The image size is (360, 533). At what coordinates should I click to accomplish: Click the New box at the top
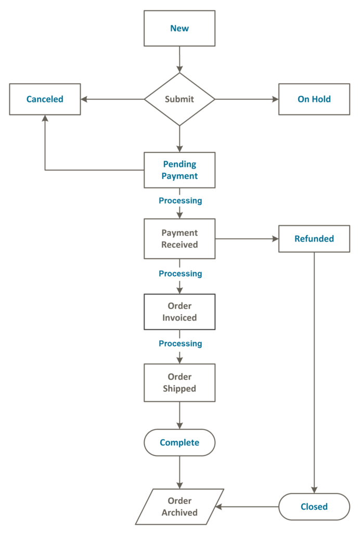[179, 29]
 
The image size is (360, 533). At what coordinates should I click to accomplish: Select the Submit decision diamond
[179, 99]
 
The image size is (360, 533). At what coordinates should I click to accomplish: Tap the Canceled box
[45, 99]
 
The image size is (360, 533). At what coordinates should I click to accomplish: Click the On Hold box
[314, 99]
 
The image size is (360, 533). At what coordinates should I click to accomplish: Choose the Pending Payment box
[179, 170]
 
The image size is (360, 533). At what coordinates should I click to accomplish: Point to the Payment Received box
[179, 239]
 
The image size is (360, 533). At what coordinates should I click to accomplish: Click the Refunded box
[314, 239]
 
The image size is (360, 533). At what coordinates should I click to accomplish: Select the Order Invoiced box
[179, 312]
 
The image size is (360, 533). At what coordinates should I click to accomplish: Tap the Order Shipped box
[179, 383]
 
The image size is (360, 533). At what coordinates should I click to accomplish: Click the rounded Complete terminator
[179, 442]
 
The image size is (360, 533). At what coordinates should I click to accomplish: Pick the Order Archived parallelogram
[179, 506]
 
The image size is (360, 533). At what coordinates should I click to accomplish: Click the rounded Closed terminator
[314, 506]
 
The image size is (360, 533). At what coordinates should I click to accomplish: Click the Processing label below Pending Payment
[180, 200]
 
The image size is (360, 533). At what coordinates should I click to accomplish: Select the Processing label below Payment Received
[180, 274]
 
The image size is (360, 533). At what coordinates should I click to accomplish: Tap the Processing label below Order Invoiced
[180, 344]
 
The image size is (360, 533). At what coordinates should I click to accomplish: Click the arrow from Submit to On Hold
[247, 99]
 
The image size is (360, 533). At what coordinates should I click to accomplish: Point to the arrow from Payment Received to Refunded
[247, 239]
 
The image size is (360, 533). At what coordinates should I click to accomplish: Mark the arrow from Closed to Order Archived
[248, 506]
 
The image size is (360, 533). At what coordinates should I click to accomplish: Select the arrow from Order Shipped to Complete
[179, 415]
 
